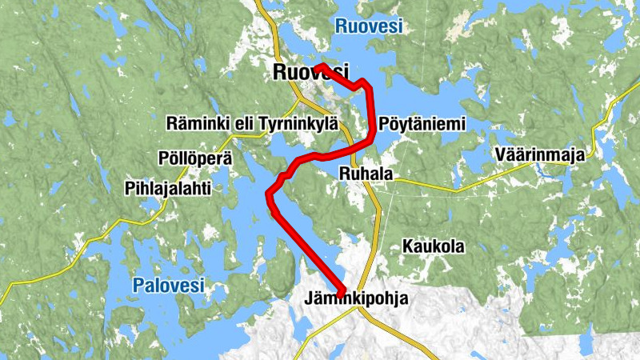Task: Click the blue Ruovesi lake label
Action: click(x=370, y=26)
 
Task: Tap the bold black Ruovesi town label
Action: click(x=311, y=72)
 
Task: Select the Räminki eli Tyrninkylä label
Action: click(x=252, y=123)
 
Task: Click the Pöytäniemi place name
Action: click(x=422, y=124)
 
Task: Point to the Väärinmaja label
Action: click(x=539, y=154)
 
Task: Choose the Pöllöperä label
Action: click(x=195, y=158)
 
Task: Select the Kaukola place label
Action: click(x=433, y=246)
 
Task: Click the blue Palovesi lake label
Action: click(x=169, y=284)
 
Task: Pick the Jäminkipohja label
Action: click(x=356, y=299)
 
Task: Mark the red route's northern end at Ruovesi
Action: click(x=318, y=64)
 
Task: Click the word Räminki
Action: click(x=194, y=123)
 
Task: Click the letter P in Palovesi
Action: click(x=138, y=284)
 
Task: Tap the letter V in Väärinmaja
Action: click(x=499, y=154)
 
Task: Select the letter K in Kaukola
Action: click(x=407, y=246)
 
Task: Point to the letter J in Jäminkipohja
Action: click(x=308, y=299)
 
